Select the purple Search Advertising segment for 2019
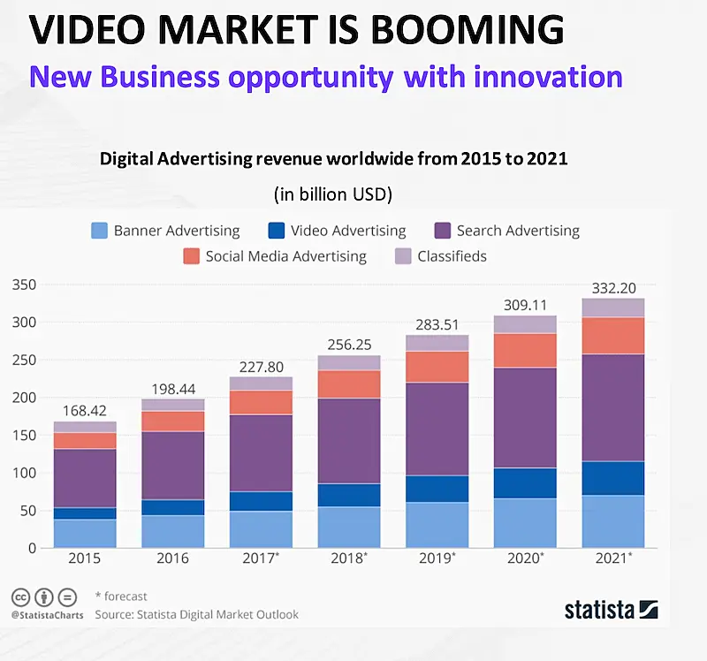(x=437, y=429)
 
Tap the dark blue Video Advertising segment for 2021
(x=613, y=478)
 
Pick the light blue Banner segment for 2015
(x=85, y=534)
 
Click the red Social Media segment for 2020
(x=525, y=350)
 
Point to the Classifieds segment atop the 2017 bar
(x=261, y=384)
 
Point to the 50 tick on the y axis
(x=28, y=511)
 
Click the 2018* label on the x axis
(x=350, y=559)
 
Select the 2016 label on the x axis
(x=172, y=559)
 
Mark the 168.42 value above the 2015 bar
(x=85, y=411)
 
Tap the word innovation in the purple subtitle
(x=545, y=76)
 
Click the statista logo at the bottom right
(x=611, y=609)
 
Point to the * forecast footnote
(x=121, y=596)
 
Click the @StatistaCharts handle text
(x=42, y=615)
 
